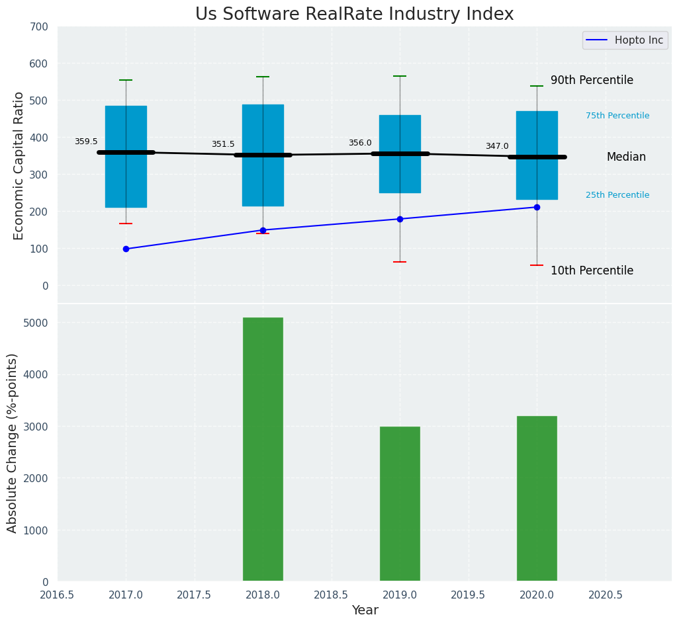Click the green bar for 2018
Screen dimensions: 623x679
point(263,449)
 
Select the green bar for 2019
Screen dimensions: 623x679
point(400,503)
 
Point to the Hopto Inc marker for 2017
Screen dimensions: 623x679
point(126,249)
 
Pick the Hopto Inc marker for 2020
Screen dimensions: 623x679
point(537,208)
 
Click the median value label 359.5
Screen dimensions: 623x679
point(86,142)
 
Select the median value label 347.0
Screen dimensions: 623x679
point(497,146)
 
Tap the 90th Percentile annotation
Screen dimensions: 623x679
point(592,80)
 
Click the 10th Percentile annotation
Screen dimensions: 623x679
point(592,270)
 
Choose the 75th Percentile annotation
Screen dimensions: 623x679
point(617,116)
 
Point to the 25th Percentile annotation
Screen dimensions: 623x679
point(617,195)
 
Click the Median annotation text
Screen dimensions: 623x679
point(626,157)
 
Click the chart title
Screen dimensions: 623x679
point(354,15)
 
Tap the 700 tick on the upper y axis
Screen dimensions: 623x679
point(39,26)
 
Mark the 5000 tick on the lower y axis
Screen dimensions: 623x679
point(36,323)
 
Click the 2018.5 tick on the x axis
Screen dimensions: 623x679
point(331,595)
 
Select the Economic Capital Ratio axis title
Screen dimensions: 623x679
point(19,165)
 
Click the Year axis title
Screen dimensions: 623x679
point(365,610)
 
